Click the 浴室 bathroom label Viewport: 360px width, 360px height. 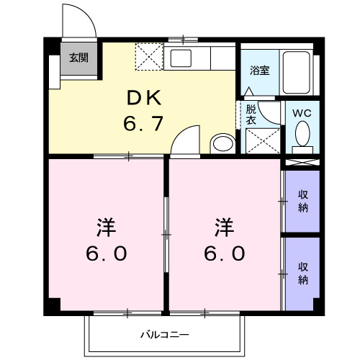[259, 71]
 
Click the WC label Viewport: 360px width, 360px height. [302, 113]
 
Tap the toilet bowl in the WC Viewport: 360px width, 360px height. [302, 134]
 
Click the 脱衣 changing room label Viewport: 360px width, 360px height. [251, 116]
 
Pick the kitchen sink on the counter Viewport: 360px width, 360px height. [180, 58]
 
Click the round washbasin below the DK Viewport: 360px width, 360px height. [223, 143]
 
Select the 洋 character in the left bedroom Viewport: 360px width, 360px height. [106, 227]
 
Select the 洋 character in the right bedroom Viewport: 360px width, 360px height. [225, 227]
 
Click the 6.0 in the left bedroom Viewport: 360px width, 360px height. [106, 253]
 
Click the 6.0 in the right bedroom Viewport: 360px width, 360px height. [225, 253]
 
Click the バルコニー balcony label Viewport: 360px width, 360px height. [164, 335]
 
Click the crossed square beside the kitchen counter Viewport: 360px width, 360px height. [149, 55]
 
